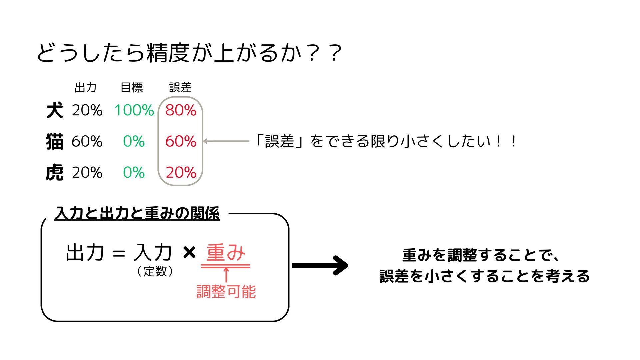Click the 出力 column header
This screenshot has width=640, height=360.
click(x=86, y=88)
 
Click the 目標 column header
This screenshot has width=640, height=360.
click(x=132, y=88)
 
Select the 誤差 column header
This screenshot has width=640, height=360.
click(x=180, y=88)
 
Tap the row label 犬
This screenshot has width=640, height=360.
click(x=55, y=110)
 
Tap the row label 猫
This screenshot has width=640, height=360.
click(x=55, y=141)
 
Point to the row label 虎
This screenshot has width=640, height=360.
click(x=55, y=172)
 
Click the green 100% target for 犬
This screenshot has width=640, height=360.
click(x=134, y=110)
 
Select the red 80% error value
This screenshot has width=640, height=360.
click(x=181, y=110)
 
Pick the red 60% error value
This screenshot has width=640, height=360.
click(x=181, y=141)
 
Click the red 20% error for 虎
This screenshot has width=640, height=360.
click(x=181, y=172)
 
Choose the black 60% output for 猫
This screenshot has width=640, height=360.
click(x=87, y=141)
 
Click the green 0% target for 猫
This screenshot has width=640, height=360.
click(x=134, y=141)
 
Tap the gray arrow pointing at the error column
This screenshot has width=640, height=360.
click(x=226, y=141)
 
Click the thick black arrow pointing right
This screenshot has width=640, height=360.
click(x=320, y=265)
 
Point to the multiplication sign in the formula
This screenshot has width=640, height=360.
click(x=189, y=252)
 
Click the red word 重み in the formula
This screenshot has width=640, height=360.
click(x=226, y=252)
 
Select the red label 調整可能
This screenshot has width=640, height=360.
click(x=226, y=292)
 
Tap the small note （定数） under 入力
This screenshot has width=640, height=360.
click(x=155, y=271)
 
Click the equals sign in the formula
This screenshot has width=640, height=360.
click(x=119, y=254)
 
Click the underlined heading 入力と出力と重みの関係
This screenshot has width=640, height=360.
click(x=137, y=213)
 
